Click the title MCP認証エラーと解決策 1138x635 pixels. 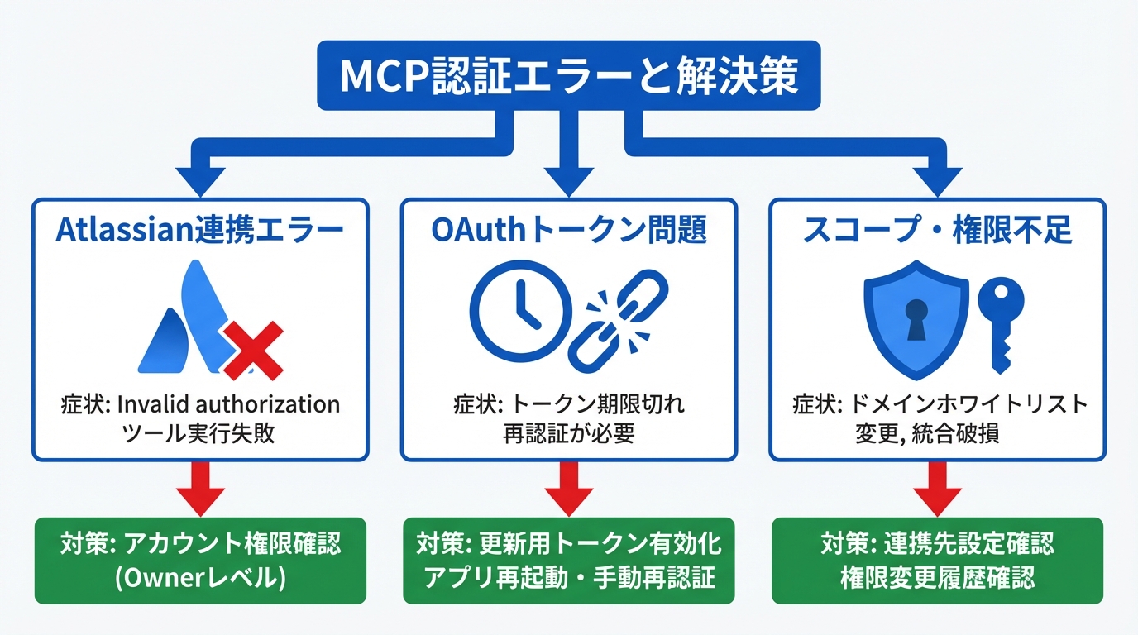click(569, 76)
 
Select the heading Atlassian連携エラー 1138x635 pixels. click(199, 231)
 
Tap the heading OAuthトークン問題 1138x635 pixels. click(569, 231)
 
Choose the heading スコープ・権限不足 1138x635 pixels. click(937, 231)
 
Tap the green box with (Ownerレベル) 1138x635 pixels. click(200, 561)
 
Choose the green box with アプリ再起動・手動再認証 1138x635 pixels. click(569, 561)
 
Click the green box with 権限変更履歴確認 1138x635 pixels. click(937, 561)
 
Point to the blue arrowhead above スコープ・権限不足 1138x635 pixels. click(937, 178)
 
